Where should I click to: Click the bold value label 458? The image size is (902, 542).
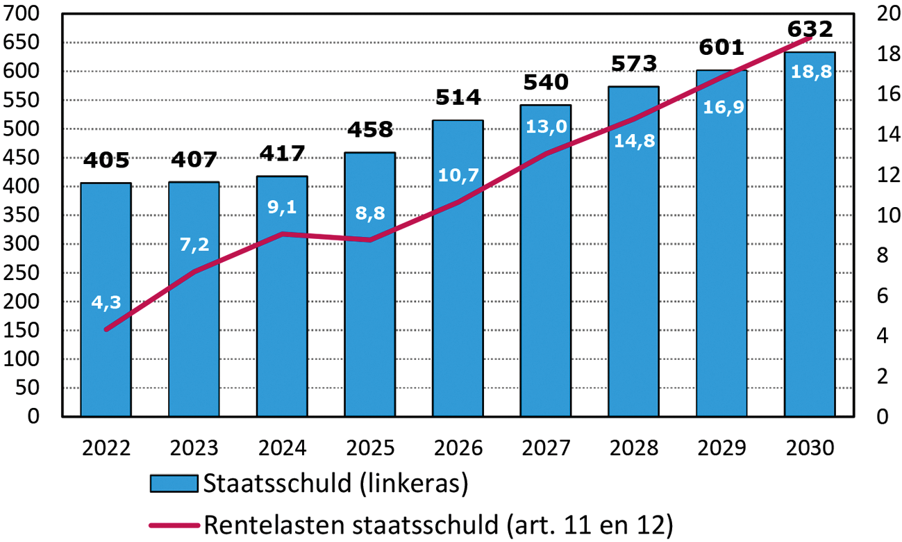tap(369, 130)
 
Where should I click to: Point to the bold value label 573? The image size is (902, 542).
tap(633, 64)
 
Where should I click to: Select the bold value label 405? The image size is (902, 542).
tap(106, 161)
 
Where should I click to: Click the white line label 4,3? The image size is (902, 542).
tap(106, 302)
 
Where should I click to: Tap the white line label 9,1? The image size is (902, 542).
tap(282, 206)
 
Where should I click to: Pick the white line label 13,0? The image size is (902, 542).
tap(546, 126)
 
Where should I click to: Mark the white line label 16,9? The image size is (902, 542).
tap(721, 108)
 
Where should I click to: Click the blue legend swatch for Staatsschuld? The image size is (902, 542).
tap(174, 483)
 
